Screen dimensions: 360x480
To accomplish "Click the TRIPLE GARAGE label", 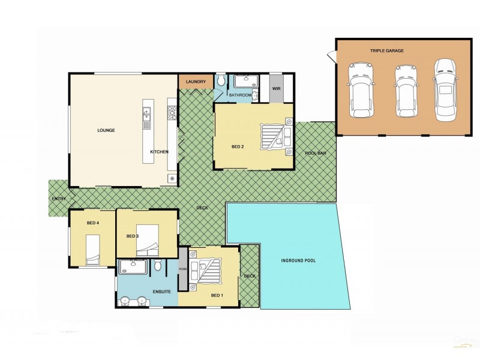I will (x=386, y=51).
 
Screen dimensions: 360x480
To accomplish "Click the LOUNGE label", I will (x=106, y=130).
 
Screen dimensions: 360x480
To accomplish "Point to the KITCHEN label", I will (x=159, y=152).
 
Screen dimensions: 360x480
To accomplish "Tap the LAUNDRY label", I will (x=196, y=82).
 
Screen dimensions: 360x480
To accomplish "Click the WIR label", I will (x=277, y=89).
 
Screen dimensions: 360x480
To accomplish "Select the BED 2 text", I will (x=238, y=146).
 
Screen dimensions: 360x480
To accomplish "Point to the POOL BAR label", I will (x=315, y=154).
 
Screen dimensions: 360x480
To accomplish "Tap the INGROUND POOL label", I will (x=298, y=260).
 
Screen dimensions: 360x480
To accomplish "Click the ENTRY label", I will (x=58, y=199).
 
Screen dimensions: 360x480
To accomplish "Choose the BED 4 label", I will (x=92, y=223).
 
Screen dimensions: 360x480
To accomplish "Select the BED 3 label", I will (x=133, y=236).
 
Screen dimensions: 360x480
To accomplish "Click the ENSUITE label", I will (x=162, y=292).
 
